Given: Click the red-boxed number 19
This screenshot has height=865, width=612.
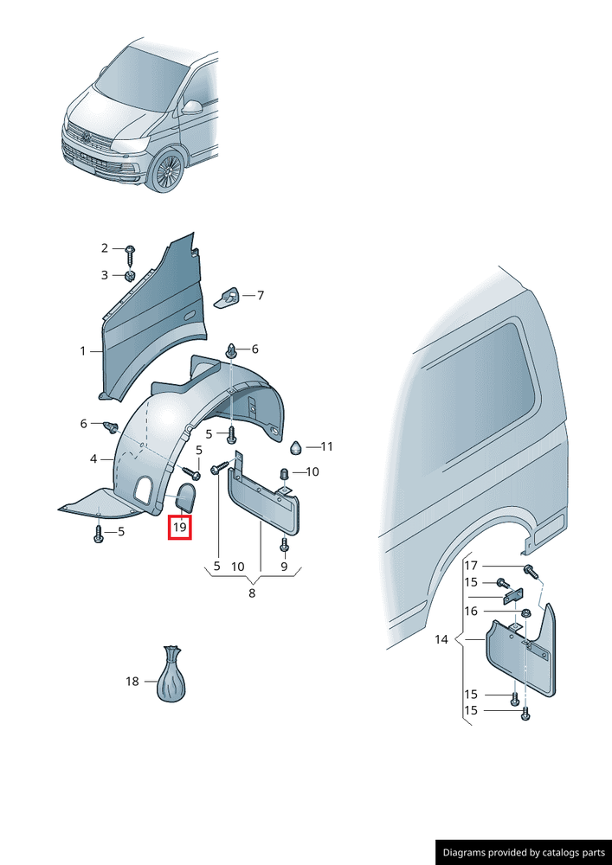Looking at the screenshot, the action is click(180, 527).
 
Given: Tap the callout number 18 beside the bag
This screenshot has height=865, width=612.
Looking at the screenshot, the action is click(132, 682).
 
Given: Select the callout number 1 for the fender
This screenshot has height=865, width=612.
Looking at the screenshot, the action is click(83, 351).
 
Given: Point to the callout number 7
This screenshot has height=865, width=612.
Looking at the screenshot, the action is click(260, 295).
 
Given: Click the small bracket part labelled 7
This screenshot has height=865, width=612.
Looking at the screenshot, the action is click(227, 298).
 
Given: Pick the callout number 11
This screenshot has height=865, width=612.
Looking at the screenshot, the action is click(326, 446).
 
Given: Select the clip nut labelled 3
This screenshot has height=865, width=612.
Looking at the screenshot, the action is click(130, 275).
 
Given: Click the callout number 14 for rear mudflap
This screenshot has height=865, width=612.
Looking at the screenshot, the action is click(441, 639).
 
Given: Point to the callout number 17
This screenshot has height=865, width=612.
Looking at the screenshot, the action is click(471, 566).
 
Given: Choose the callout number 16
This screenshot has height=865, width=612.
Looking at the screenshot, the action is click(471, 612).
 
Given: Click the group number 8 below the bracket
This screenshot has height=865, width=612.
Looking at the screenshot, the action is click(252, 593).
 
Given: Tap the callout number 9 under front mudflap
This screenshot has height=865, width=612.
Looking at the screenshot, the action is click(284, 566).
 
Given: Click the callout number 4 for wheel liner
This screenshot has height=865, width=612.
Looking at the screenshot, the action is click(93, 458).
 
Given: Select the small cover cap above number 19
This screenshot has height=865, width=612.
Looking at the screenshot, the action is click(185, 497).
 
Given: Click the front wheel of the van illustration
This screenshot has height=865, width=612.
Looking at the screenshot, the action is click(168, 170).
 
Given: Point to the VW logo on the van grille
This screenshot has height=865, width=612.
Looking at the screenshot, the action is click(86, 138).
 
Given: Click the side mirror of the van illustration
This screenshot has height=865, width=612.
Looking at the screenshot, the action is click(191, 107).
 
